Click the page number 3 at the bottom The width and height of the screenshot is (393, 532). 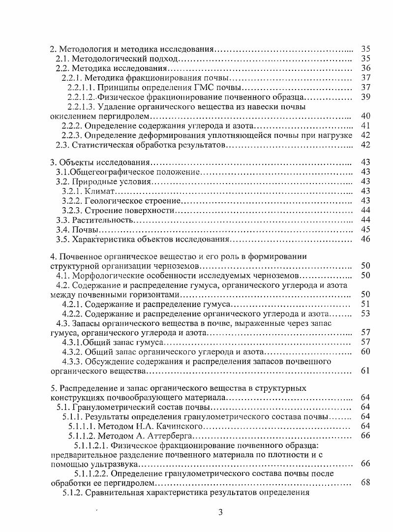coord(221,512)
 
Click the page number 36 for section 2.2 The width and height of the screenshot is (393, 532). coord(365,68)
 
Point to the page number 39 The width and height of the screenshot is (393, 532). coord(365,96)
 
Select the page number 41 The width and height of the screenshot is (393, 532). coord(365,125)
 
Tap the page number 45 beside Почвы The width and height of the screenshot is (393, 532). coord(365,229)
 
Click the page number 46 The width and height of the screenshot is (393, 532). coord(365,239)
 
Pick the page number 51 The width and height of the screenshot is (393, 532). coord(365,304)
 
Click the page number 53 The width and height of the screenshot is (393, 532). coord(365,313)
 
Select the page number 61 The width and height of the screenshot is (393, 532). coord(365,371)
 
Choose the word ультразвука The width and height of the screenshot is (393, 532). coord(117,464)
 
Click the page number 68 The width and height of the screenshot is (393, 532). coord(365,482)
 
